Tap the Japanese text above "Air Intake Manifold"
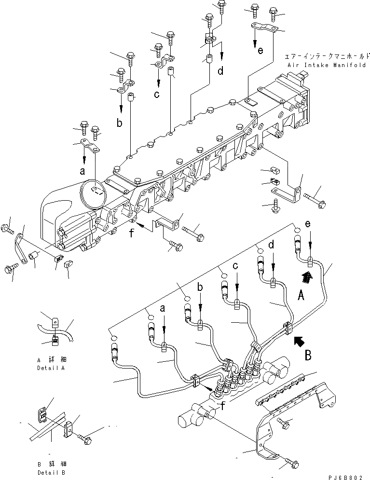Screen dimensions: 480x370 click(x=326, y=56)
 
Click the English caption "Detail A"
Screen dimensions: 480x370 click(x=50, y=368)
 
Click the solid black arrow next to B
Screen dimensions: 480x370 click(x=298, y=342)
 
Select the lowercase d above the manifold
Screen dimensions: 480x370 click(x=220, y=71)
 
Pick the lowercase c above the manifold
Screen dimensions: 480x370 click(x=157, y=95)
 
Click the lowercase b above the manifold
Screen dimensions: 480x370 click(x=119, y=123)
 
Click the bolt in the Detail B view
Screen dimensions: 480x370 click(x=89, y=439)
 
